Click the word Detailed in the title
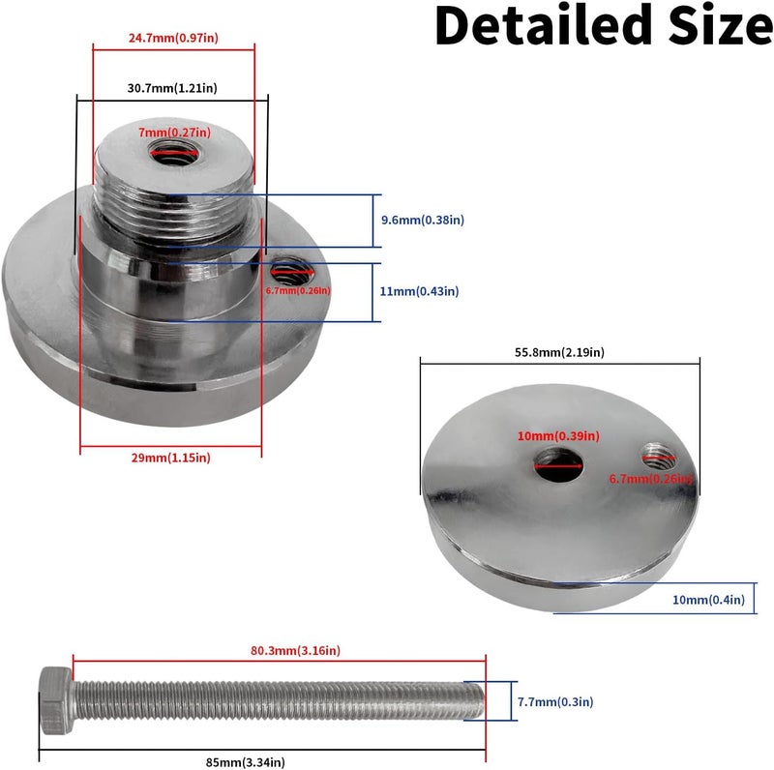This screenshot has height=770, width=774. point(544,25)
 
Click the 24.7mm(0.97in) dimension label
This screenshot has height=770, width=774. point(173,38)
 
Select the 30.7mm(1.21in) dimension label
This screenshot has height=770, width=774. point(172,88)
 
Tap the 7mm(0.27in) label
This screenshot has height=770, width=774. point(174,133)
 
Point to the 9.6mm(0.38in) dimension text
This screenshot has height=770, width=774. point(423,220)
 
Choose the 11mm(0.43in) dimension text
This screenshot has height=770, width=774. point(419,291)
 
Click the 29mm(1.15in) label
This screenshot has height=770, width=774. point(171,458)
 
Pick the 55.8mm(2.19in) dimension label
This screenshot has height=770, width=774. point(559,352)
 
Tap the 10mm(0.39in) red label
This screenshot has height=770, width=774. point(558,436)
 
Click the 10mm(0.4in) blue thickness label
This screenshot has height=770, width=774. point(708,600)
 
